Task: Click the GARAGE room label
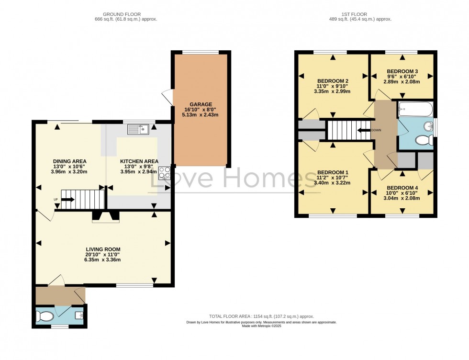(x=201, y=104)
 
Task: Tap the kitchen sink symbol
(x=138, y=129)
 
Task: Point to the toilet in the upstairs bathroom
(x=423, y=140)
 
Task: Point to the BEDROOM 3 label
(x=402, y=71)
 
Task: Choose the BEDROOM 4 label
(x=402, y=188)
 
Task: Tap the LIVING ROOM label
(x=103, y=249)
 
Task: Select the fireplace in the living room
(x=106, y=216)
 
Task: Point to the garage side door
(x=167, y=97)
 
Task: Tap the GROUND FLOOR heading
(x=126, y=14)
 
